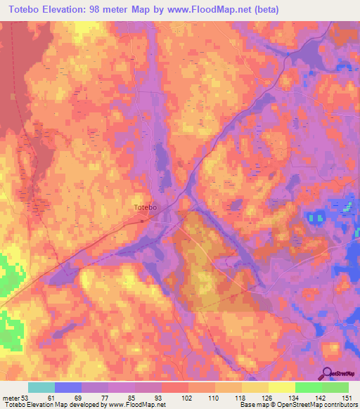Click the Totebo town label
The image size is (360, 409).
click(145, 207)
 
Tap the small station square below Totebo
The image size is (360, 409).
click(142, 220)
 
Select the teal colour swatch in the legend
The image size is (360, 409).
click(41, 388)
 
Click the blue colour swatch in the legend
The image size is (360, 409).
click(68, 388)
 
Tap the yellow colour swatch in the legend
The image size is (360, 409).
click(281, 388)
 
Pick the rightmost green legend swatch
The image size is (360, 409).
click(335, 388)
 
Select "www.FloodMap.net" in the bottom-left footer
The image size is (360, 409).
click(136, 404)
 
